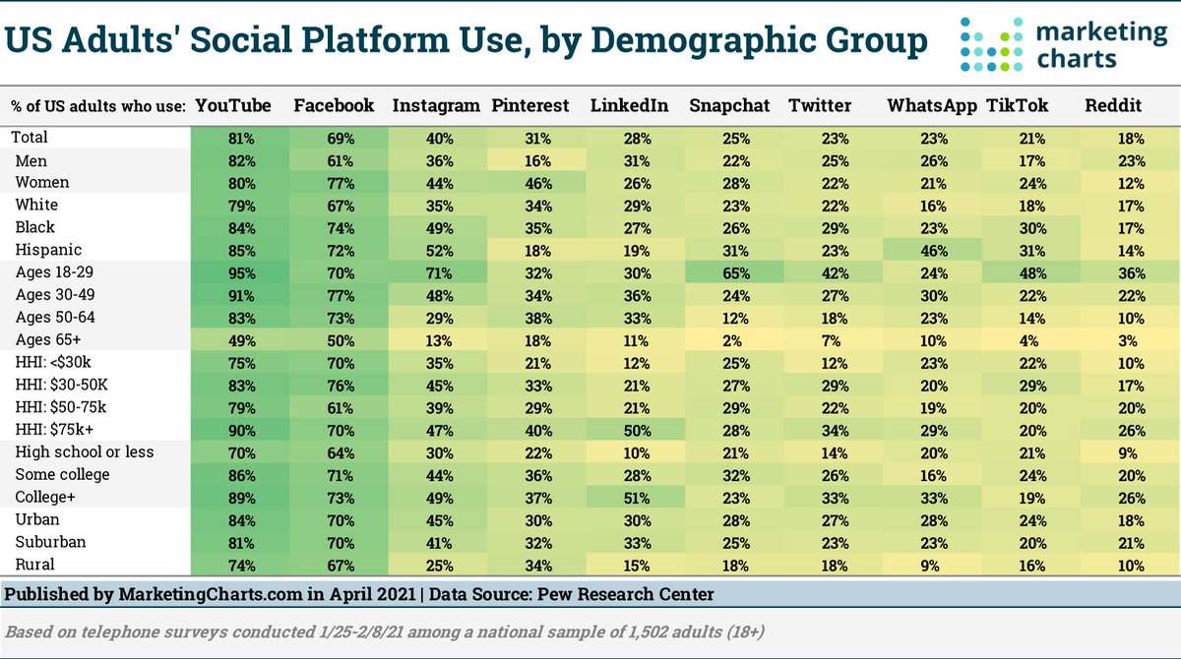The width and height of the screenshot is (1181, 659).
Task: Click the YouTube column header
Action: pyautogui.click(x=232, y=106)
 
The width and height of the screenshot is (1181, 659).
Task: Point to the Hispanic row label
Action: pyautogui.click(x=47, y=250)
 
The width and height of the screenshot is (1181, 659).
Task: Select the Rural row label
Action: pyautogui.click(x=34, y=565)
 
